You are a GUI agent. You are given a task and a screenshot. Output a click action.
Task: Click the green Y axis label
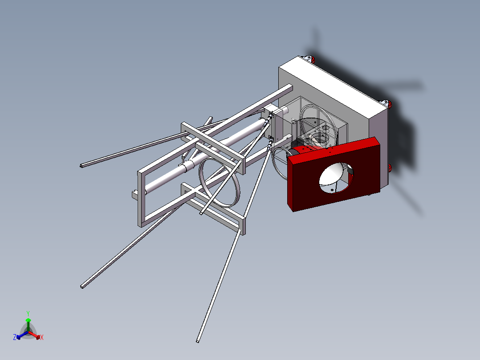(x=28, y=313)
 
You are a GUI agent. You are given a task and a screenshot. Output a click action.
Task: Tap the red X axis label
(x=42, y=338)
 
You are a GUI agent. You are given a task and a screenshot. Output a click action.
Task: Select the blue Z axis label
(x=15, y=338)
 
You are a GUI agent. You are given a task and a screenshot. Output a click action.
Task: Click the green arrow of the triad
(x=28, y=323)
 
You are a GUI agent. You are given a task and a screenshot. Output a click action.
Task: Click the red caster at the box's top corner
(x=312, y=59)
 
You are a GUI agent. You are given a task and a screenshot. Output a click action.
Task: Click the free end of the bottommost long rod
(x=198, y=341)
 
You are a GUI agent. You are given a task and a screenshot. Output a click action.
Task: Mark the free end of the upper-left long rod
(x=81, y=166)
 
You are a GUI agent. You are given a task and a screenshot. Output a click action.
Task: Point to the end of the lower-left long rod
(x=82, y=286)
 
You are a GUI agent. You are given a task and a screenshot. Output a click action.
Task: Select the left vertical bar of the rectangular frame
(x=141, y=198)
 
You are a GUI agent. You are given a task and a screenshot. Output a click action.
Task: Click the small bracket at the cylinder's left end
(x=134, y=194)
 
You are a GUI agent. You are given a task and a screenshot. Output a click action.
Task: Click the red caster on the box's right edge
(x=389, y=104)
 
